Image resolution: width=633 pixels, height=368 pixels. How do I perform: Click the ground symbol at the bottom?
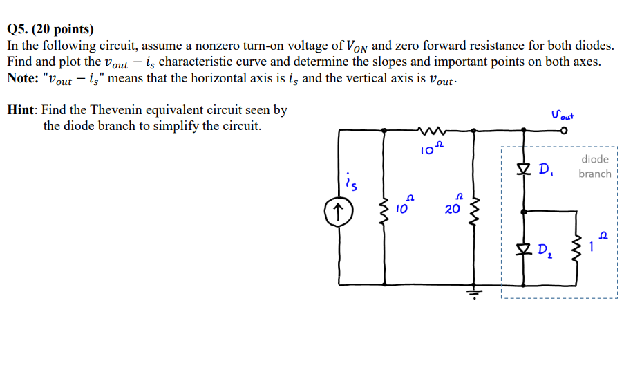[x=473, y=291]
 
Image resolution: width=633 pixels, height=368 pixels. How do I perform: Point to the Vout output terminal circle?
[x=564, y=129]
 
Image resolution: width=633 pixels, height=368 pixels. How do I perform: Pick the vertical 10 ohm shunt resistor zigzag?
[x=383, y=210]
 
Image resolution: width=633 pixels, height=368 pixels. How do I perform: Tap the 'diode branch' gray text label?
[x=594, y=167]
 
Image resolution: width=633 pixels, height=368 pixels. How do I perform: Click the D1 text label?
[x=545, y=169]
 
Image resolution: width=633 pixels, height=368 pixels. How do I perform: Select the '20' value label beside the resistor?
[x=452, y=210]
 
